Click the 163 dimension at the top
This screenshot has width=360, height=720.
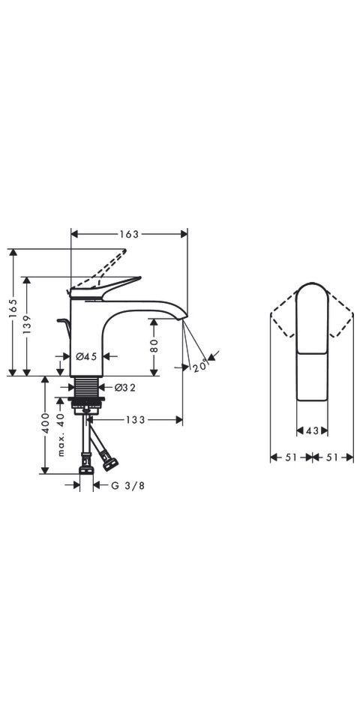pos(129,234)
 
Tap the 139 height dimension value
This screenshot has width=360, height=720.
pos(27,325)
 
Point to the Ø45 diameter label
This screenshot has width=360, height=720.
pos(86,355)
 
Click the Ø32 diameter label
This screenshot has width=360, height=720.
pos(125,388)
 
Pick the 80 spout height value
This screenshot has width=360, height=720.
pos(154,345)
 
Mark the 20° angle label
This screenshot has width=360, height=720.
pos(200,365)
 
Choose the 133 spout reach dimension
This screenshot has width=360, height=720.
pos(136,420)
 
